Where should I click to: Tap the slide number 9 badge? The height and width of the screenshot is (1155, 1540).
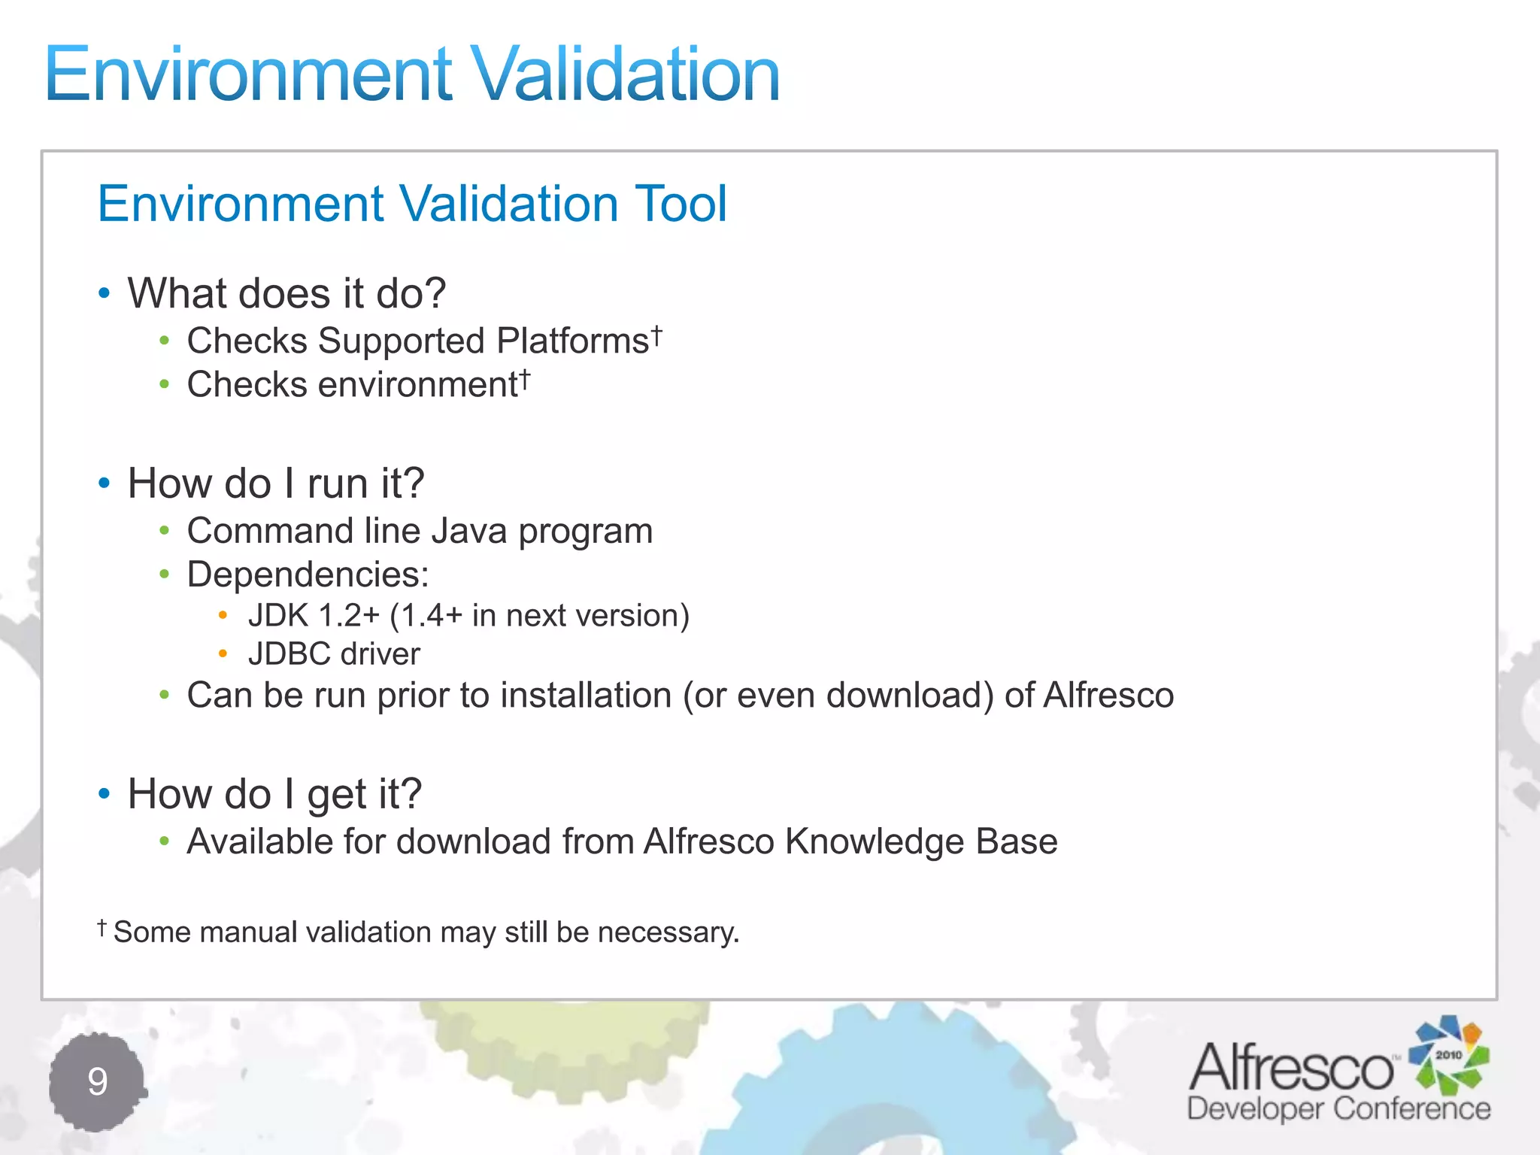97,1081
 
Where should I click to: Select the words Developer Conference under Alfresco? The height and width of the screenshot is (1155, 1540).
1338,1109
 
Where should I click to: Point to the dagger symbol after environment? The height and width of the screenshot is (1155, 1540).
525,378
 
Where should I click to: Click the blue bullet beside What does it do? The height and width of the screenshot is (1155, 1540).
105,293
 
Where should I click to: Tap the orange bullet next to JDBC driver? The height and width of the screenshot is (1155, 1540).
223,654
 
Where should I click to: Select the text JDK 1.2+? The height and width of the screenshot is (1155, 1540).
314,616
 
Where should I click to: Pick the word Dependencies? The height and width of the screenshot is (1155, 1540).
308,575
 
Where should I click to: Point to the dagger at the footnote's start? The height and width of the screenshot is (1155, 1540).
102,927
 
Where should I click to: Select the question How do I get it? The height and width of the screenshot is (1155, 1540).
274,794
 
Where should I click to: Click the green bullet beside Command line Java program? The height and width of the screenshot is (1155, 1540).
164,532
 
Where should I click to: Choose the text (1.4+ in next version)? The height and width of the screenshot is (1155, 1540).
539,616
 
